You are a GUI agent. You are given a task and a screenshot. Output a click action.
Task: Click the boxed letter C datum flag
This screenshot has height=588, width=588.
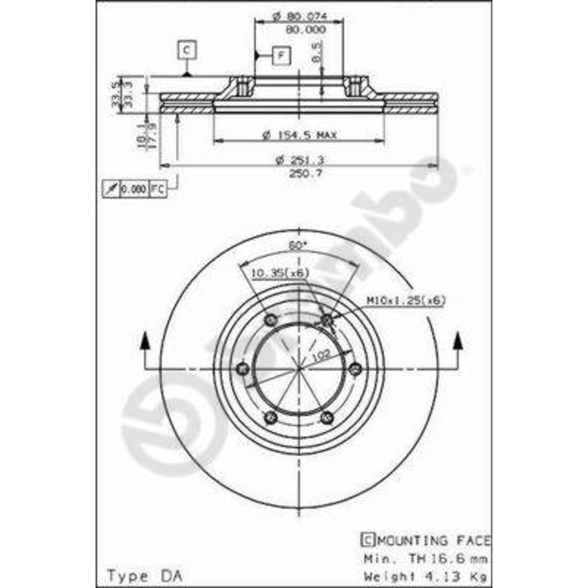[186, 50]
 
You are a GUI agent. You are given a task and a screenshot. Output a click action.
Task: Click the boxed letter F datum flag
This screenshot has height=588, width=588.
[281, 55]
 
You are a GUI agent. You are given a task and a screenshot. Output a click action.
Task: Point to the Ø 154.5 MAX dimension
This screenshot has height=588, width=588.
[299, 135]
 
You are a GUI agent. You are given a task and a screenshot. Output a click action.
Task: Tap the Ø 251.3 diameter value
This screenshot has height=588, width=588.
[300, 160]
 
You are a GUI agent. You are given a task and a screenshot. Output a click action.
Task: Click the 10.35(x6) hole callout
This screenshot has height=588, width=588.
[280, 273]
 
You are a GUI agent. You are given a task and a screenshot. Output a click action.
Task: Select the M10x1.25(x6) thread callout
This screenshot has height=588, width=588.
[406, 300]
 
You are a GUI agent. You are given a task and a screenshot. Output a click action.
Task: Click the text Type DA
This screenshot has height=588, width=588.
[144, 575]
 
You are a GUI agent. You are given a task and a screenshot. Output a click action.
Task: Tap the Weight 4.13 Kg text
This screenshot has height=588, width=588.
[425, 575]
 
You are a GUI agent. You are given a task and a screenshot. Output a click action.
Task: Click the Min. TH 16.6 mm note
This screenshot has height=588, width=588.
[425, 559]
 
